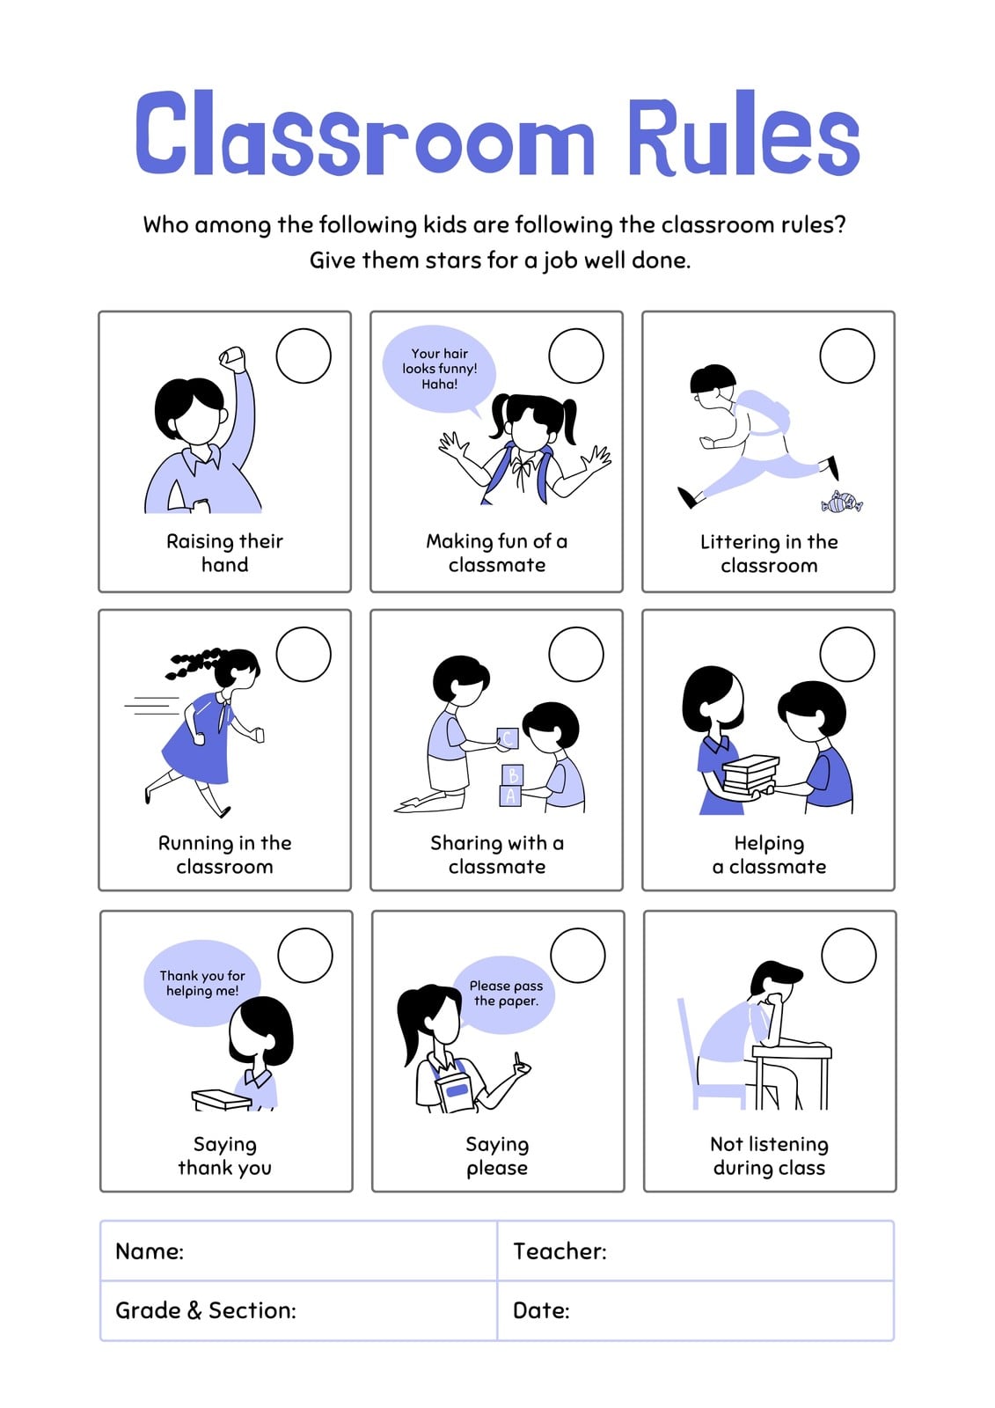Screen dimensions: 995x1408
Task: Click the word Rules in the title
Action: click(x=743, y=134)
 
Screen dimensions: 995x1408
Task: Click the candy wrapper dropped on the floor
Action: click(x=842, y=502)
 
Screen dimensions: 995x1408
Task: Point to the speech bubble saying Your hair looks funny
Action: click(x=439, y=369)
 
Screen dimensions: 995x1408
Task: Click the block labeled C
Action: click(x=508, y=738)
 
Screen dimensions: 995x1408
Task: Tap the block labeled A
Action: click(x=509, y=796)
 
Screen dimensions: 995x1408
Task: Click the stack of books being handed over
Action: click(x=750, y=775)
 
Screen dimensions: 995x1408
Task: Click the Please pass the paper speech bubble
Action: click(x=507, y=995)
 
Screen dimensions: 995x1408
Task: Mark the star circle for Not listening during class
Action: click(x=849, y=956)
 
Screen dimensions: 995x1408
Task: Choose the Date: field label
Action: click(x=541, y=1310)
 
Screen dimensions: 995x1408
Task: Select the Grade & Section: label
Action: click(x=206, y=1310)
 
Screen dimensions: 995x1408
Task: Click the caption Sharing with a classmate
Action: click(x=496, y=854)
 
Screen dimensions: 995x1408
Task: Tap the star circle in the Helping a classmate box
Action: click(x=846, y=654)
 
